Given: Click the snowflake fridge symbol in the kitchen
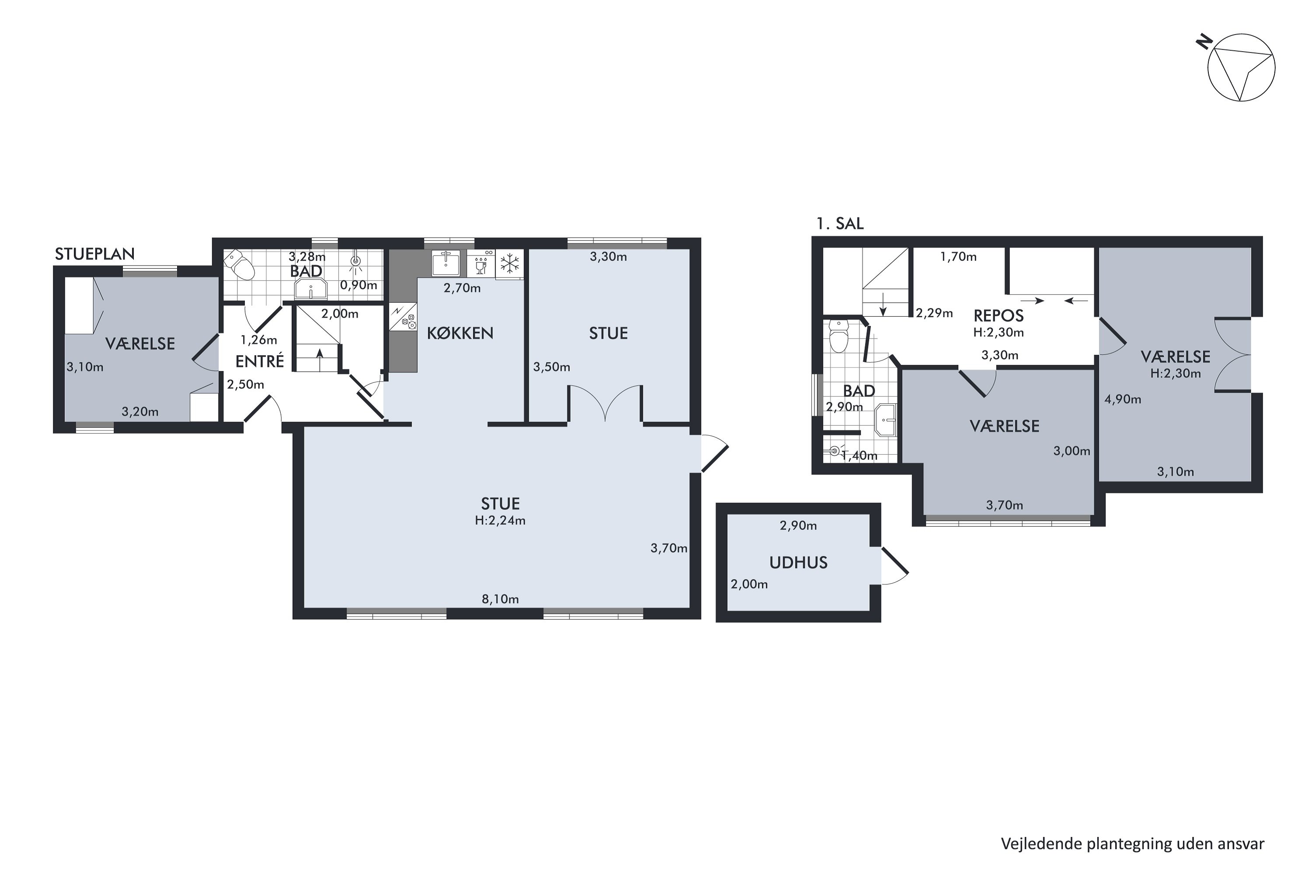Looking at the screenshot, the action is click(x=509, y=263).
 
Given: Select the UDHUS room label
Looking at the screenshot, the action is click(x=798, y=563).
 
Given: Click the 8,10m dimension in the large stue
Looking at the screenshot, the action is click(x=500, y=599).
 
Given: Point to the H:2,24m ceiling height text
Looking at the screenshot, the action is click(x=500, y=521).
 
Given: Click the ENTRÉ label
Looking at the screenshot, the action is click(x=260, y=361).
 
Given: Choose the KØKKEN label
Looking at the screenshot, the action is click(x=460, y=333).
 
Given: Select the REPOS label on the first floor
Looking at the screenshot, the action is click(x=998, y=316).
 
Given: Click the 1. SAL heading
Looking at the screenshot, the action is click(x=840, y=224).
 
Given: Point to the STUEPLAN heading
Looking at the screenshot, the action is click(x=95, y=254).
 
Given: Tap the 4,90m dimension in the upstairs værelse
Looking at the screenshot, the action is click(x=1123, y=399).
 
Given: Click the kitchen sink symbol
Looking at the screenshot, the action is click(x=446, y=263).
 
